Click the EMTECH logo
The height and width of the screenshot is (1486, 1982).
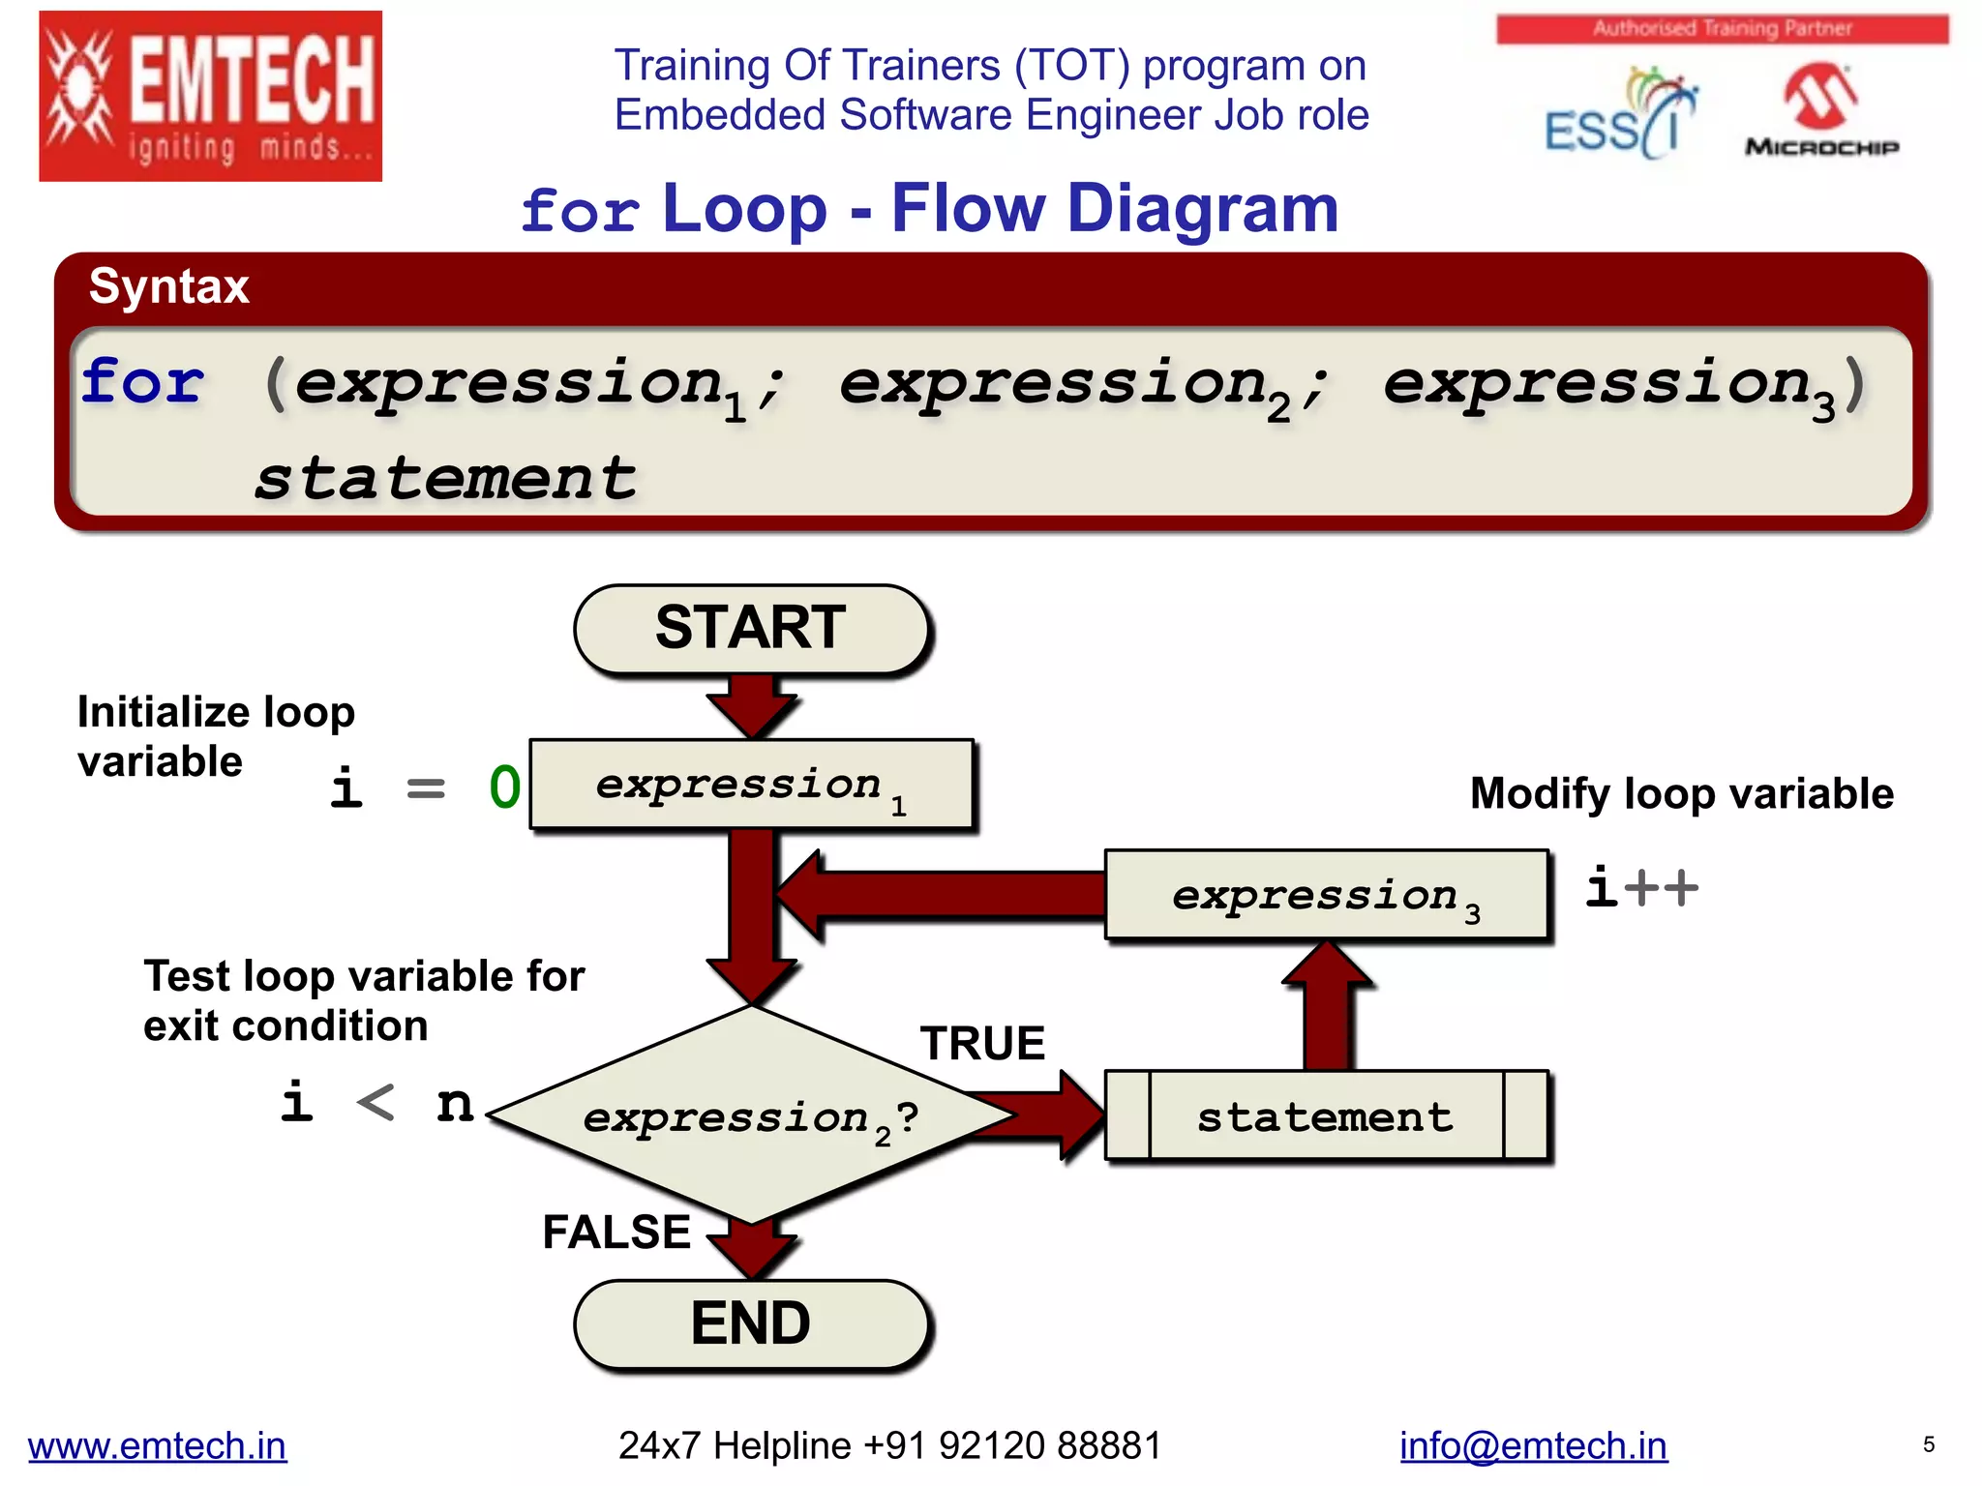210,96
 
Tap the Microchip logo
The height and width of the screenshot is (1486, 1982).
1820,109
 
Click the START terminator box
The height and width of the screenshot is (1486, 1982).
751,628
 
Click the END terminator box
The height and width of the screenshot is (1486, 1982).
751,1323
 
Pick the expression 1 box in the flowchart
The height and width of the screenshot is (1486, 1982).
751,785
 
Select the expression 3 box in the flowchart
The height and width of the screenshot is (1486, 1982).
1326,895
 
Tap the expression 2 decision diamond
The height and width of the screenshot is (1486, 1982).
751,1117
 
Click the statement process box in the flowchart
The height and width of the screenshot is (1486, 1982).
1326,1116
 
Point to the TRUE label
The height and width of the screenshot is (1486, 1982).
982,1044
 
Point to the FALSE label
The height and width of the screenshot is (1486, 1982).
616,1233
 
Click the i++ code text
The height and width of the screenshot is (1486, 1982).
1641,887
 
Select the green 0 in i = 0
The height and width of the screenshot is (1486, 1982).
504,787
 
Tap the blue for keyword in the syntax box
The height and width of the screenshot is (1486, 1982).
143,381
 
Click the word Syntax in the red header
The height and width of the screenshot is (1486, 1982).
169,287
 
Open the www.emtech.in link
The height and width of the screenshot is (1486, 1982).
157,1445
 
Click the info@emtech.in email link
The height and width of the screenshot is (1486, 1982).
1533,1445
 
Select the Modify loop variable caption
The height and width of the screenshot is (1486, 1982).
1681,794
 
